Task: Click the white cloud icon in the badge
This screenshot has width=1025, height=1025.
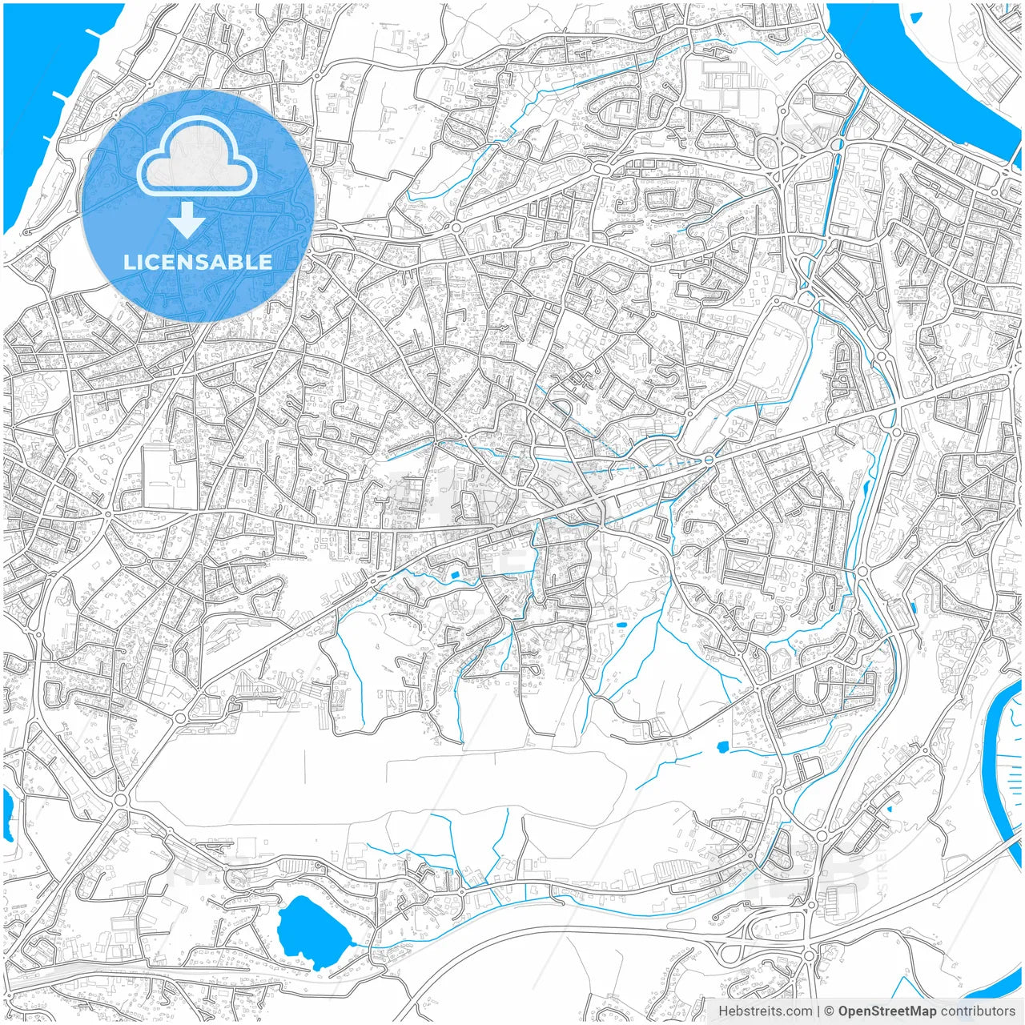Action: pyautogui.click(x=197, y=156)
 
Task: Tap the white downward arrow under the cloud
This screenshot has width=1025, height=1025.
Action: pyautogui.click(x=187, y=220)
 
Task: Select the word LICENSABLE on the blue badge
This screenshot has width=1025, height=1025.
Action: pyautogui.click(x=197, y=262)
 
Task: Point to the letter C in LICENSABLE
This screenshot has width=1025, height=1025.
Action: pyautogui.click(x=156, y=262)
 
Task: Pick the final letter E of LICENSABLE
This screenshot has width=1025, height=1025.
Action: pyautogui.click(x=264, y=262)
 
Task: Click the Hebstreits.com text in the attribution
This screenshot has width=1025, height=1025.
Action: pyautogui.click(x=765, y=1011)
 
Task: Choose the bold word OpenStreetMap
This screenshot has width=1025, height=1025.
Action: pyautogui.click(x=886, y=1011)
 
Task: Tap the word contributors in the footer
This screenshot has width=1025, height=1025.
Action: pyautogui.click(x=978, y=1011)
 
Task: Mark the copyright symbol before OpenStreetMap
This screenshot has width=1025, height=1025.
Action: pyautogui.click(x=830, y=1011)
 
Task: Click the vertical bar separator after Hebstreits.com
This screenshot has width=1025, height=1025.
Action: pyautogui.click(x=818, y=1011)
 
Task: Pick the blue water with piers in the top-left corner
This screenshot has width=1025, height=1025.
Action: pyautogui.click(x=48, y=96)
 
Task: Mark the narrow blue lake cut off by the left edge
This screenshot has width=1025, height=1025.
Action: pyautogui.click(x=8, y=813)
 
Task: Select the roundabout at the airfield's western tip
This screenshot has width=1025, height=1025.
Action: pyautogui.click(x=122, y=800)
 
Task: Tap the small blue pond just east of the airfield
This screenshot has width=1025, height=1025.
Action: pyautogui.click(x=722, y=748)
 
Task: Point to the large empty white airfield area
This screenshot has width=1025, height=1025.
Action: pyautogui.click(x=384, y=785)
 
